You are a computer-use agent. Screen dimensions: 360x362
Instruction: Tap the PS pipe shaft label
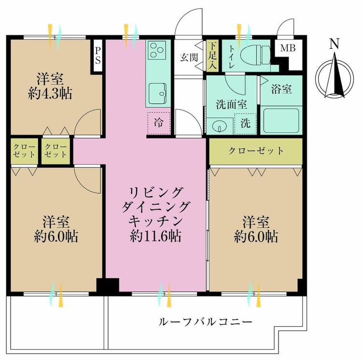(x=98, y=54)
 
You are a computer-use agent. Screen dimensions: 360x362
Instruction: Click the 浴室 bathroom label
(x=280, y=89)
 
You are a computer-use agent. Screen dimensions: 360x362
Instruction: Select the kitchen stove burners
(x=158, y=50)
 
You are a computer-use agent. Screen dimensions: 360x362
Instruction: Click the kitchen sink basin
(x=158, y=91)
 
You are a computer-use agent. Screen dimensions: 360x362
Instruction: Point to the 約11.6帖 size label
(x=155, y=235)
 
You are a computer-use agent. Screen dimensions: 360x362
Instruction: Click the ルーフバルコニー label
(x=205, y=321)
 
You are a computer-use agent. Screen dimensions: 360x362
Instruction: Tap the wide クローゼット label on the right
(x=256, y=151)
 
